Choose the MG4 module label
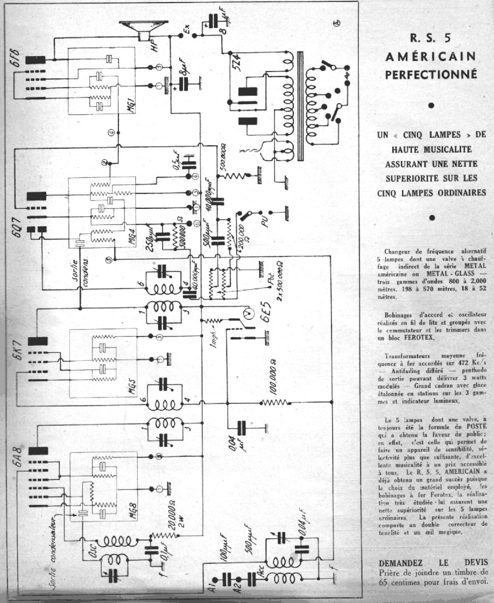click(131, 240)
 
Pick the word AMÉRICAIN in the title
click(431, 56)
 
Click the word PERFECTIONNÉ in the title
click(431, 75)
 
